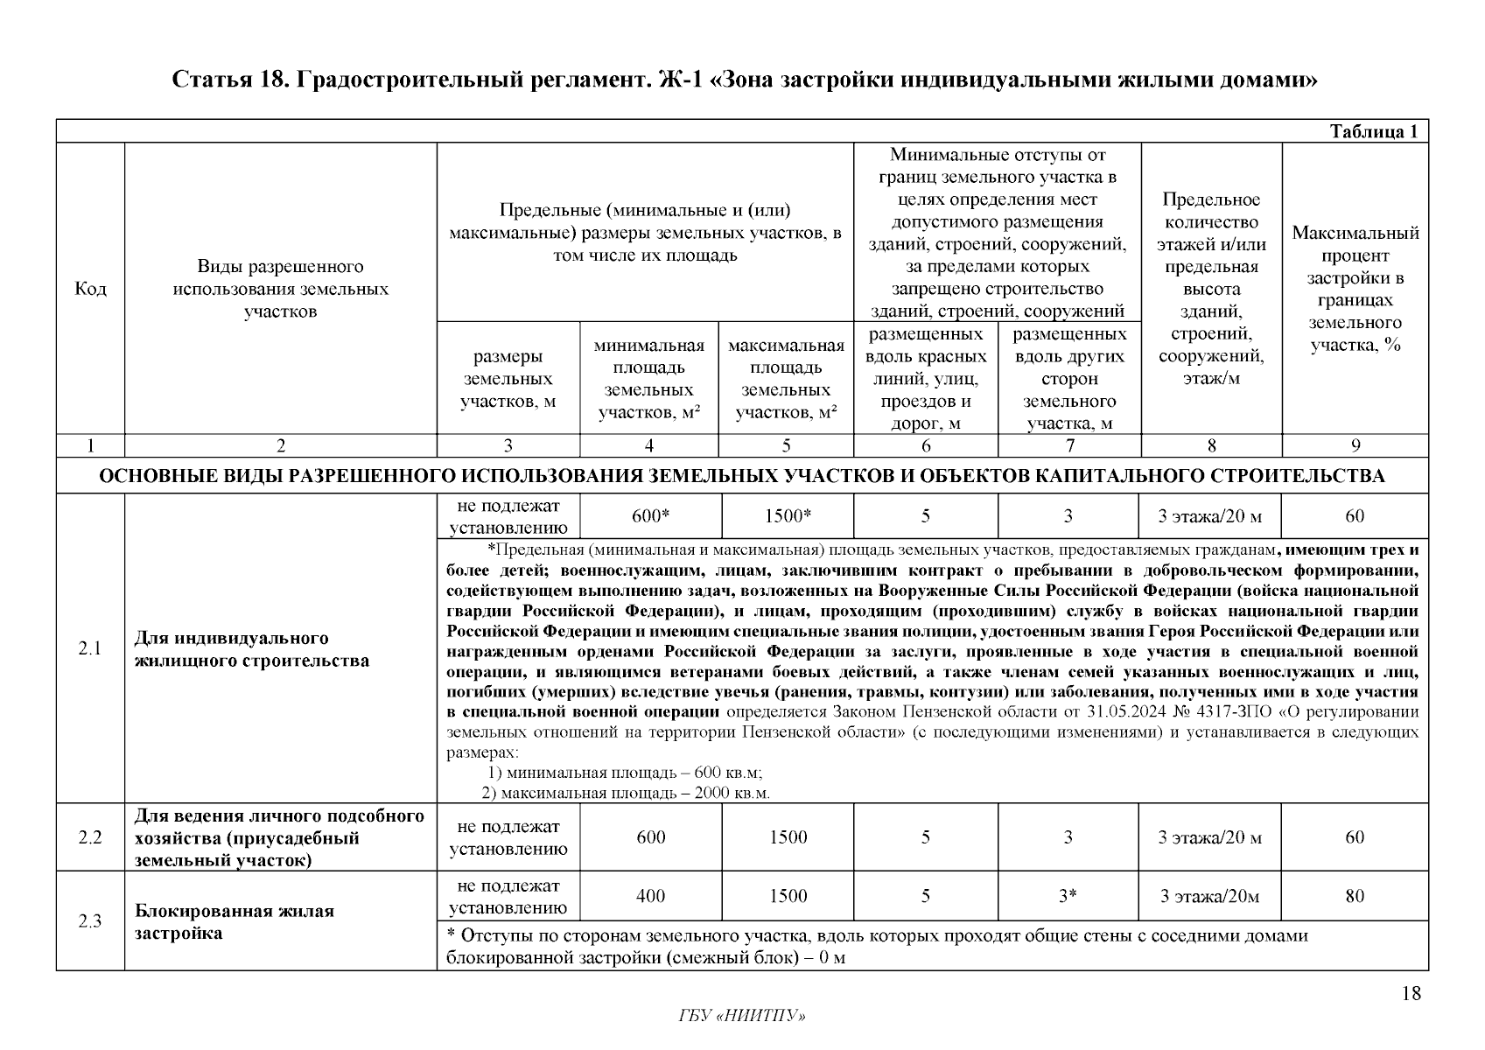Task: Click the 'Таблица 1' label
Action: coord(1373,132)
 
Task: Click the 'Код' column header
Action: coord(90,289)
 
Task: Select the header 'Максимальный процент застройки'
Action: coord(1355,289)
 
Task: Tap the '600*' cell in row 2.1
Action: coord(650,516)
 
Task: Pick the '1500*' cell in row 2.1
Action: coord(787,516)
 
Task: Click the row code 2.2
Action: coord(90,837)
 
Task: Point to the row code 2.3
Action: coord(90,921)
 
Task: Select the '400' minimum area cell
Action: coord(650,896)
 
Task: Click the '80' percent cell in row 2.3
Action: coord(1355,896)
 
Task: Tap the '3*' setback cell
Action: coord(1068,896)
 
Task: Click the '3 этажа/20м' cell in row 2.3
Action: coord(1209,896)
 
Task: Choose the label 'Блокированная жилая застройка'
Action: coord(235,921)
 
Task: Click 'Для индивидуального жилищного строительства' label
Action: coord(252,648)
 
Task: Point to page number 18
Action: coord(1411,993)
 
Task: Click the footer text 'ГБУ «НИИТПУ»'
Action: coord(742,1016)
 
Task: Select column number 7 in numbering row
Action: coord(1069,446)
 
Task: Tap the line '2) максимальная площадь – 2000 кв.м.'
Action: coord(626,794)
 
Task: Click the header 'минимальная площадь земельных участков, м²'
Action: coord(649,379)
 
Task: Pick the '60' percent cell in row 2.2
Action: coord(1355,837)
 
